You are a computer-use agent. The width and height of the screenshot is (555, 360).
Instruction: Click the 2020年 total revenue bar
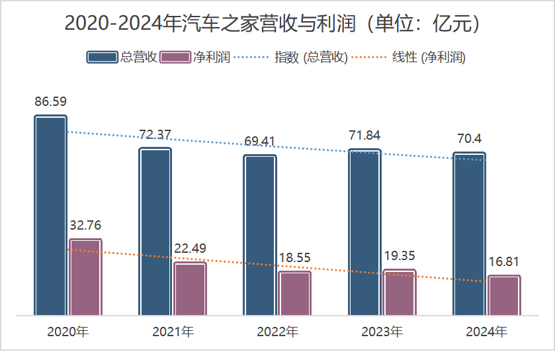(50, 215)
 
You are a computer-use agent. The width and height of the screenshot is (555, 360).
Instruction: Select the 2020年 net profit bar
(85, 277)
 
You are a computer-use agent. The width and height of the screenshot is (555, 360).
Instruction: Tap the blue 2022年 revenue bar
(260, 235)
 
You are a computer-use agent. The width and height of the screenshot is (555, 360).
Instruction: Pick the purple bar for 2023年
(400, 292)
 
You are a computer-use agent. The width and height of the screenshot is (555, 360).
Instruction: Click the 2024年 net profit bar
(504, 295)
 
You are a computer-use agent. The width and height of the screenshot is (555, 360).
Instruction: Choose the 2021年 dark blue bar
(155, 231)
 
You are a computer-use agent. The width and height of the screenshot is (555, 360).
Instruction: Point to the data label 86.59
(51, 102)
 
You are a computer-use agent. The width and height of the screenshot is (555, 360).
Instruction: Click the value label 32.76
(85, 225)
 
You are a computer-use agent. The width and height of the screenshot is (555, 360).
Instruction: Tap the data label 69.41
(259, 142)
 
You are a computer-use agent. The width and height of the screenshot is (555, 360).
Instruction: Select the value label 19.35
(400, 256)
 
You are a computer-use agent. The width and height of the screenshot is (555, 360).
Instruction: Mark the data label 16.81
(505, 262)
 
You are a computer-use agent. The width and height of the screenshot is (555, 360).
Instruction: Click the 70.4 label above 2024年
(470, 139)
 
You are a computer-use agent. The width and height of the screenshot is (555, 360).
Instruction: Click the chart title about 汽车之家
(277, 24)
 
